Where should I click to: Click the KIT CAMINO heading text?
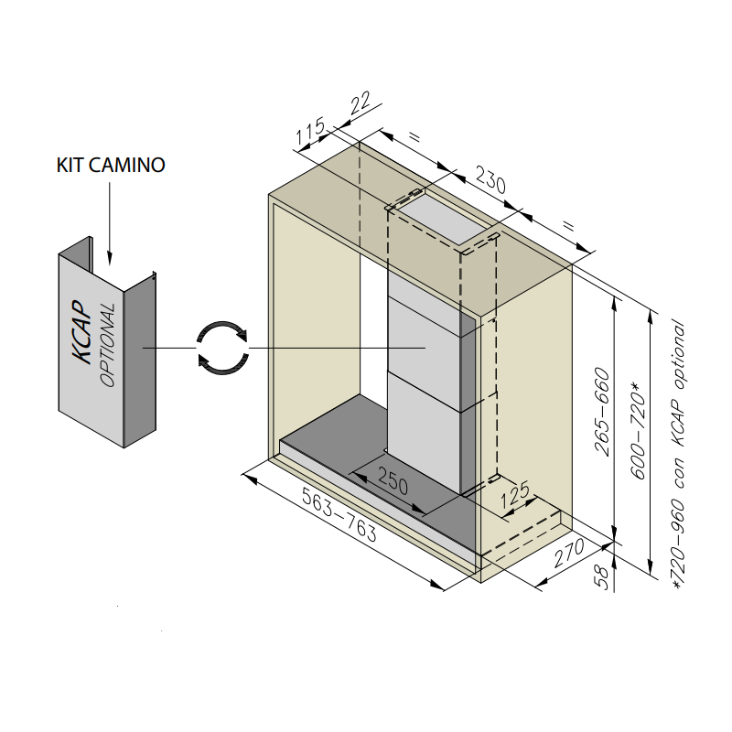(111, 166)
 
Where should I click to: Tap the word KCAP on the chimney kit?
(83, 334)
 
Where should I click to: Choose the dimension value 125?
(516, 495)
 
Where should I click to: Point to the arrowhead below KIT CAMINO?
(110, 255)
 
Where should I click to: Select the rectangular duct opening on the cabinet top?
(439, 218)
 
